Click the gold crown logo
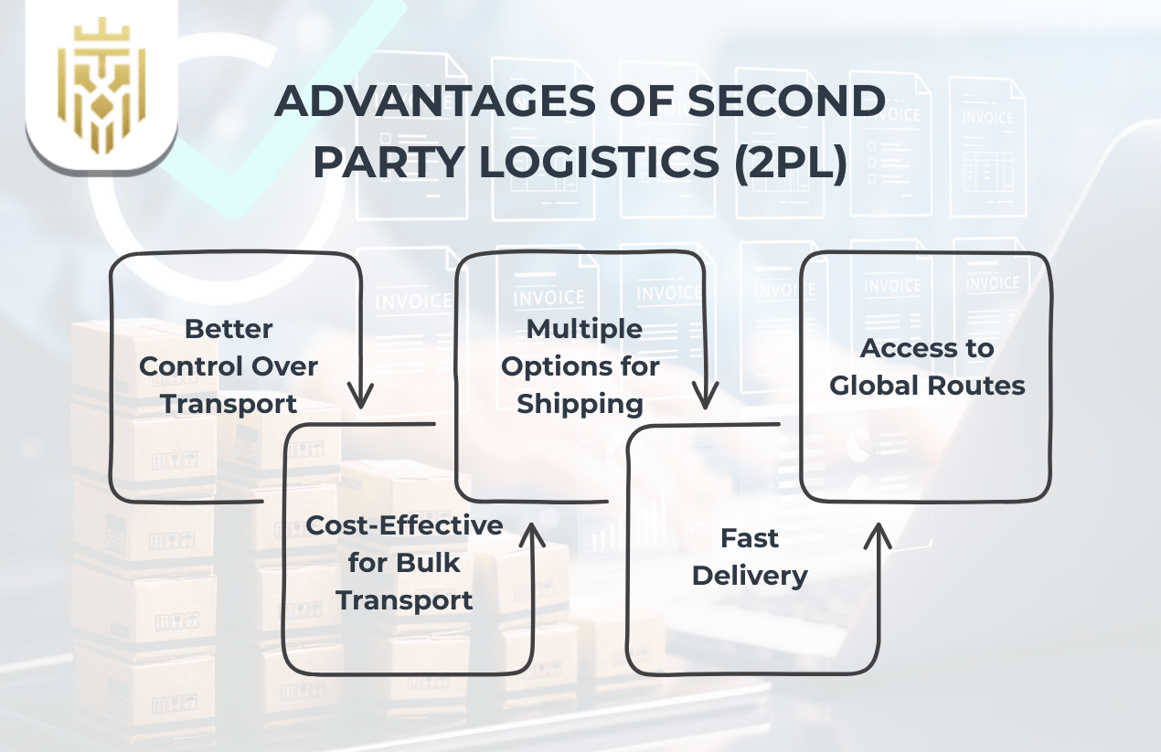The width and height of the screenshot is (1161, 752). tap(101, 89)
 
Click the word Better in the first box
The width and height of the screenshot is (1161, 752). tap(229, 328)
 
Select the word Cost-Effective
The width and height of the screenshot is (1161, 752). tap(404, 525)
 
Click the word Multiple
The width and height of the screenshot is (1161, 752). tap(584, 328)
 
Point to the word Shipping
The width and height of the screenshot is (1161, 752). tap(580, 404)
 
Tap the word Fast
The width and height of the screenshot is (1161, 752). tap(750, 538)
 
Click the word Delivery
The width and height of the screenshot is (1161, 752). tap(750, 576)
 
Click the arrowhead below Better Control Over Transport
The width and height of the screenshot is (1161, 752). tap(362, 398)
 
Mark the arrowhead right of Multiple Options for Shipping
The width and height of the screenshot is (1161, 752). tap(704, 398)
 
